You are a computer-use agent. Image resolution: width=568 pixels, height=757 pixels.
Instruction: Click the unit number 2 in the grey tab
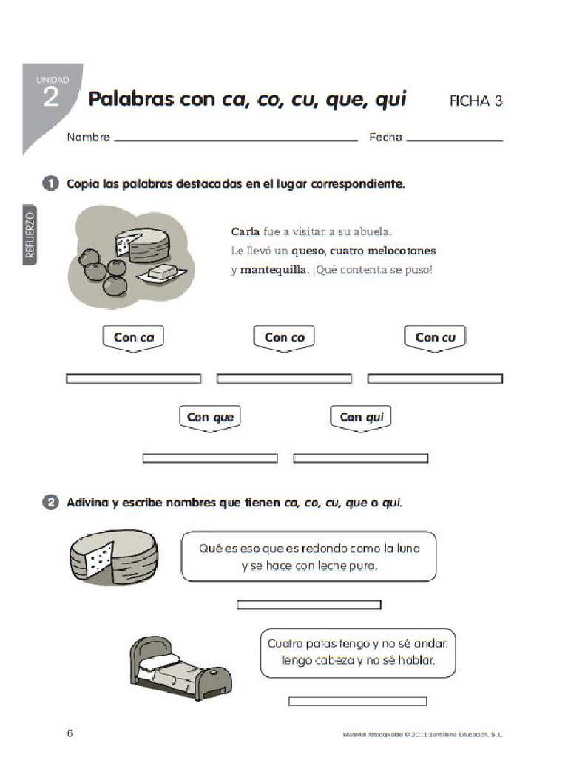click(x=50, y=98)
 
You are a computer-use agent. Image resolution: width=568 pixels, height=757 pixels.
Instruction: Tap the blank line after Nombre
click(x=235, y=139)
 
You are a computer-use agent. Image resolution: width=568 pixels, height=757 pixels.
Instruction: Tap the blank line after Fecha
click(x=454, y=139)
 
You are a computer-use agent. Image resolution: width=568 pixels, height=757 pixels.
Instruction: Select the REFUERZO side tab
click(x=30, y=234)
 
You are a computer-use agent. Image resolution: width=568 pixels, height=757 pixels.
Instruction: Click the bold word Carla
click(x=246, y=231)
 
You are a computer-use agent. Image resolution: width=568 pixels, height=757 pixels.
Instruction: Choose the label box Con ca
click(x=133, y=337)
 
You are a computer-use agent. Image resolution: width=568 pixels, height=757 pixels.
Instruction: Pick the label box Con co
click(x=285, y=337)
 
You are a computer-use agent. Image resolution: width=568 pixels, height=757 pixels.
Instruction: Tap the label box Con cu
click(x=436, y=337)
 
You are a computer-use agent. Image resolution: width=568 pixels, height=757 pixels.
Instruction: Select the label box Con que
click(x=210, y=417)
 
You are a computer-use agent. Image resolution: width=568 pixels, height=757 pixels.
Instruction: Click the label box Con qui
click(x=362, y=417)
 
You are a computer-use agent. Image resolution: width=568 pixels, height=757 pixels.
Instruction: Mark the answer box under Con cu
click(x=435, y=378)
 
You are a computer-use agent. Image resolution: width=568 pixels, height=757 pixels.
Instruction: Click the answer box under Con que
click(x=210, y=458)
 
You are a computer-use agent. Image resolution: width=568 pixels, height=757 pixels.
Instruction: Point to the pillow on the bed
click(x=164, y=659)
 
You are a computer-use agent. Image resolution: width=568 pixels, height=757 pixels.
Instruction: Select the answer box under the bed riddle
click(x=357, y=701)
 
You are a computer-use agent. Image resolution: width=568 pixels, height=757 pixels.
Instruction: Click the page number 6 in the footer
click(x=70, y=733)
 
